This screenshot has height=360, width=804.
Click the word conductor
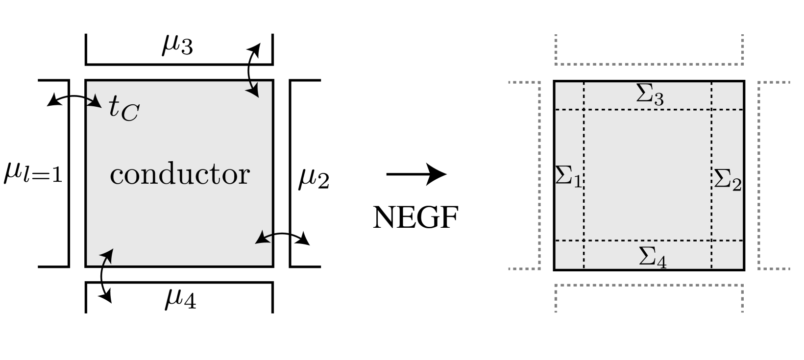pos(179,174)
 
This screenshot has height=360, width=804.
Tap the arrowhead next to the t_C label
pos(96,103)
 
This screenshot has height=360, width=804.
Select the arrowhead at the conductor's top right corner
pos(254,91)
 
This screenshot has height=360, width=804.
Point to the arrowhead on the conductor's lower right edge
pos(262,239)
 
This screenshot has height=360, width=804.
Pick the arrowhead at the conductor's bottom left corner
pos(108,255)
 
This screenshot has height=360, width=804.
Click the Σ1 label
pos(568,176)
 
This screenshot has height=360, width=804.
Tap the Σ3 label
pos(650,94)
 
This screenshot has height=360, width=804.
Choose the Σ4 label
pos(653,257)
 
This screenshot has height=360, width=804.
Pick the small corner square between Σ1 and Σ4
pos(569,254)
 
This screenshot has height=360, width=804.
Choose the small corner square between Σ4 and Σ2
pos(727,254)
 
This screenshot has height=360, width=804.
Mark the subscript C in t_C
pos(131,114)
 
